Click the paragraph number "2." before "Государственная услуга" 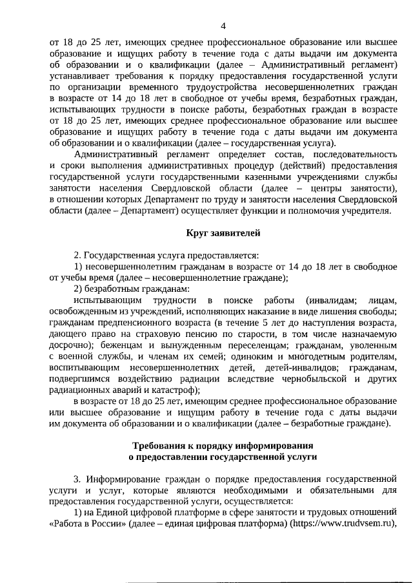tap(78, 255)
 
